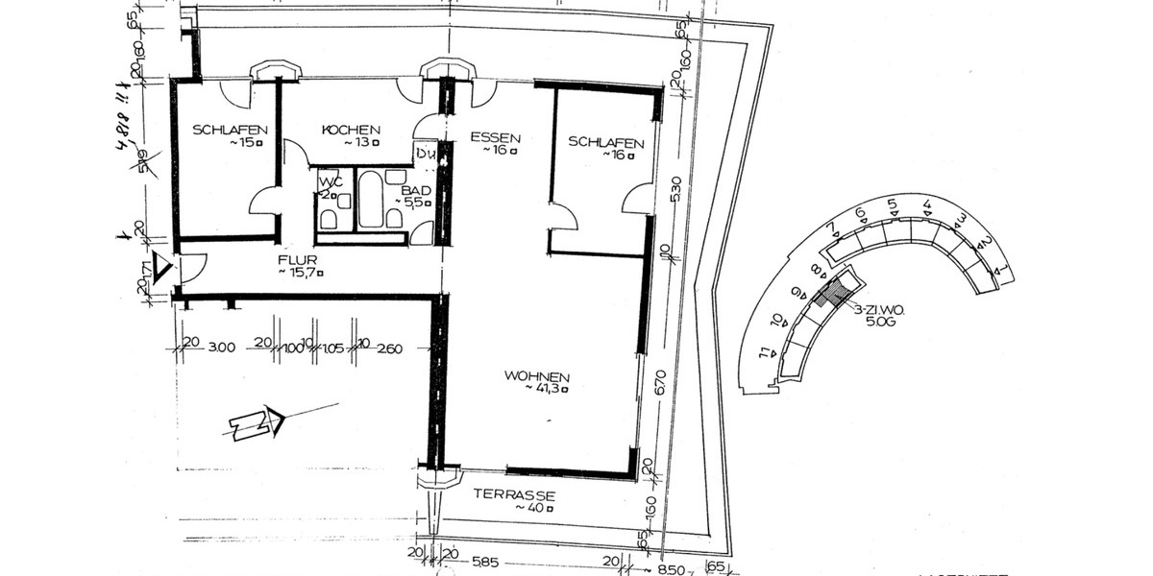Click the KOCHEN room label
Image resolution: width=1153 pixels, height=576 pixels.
351,130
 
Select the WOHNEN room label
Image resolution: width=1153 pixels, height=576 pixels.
537,377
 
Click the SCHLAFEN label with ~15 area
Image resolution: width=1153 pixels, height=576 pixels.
229,130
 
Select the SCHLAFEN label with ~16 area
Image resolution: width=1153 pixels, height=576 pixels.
605,141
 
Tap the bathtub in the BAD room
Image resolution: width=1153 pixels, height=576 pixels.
371,200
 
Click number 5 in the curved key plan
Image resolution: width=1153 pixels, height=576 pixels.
891,204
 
